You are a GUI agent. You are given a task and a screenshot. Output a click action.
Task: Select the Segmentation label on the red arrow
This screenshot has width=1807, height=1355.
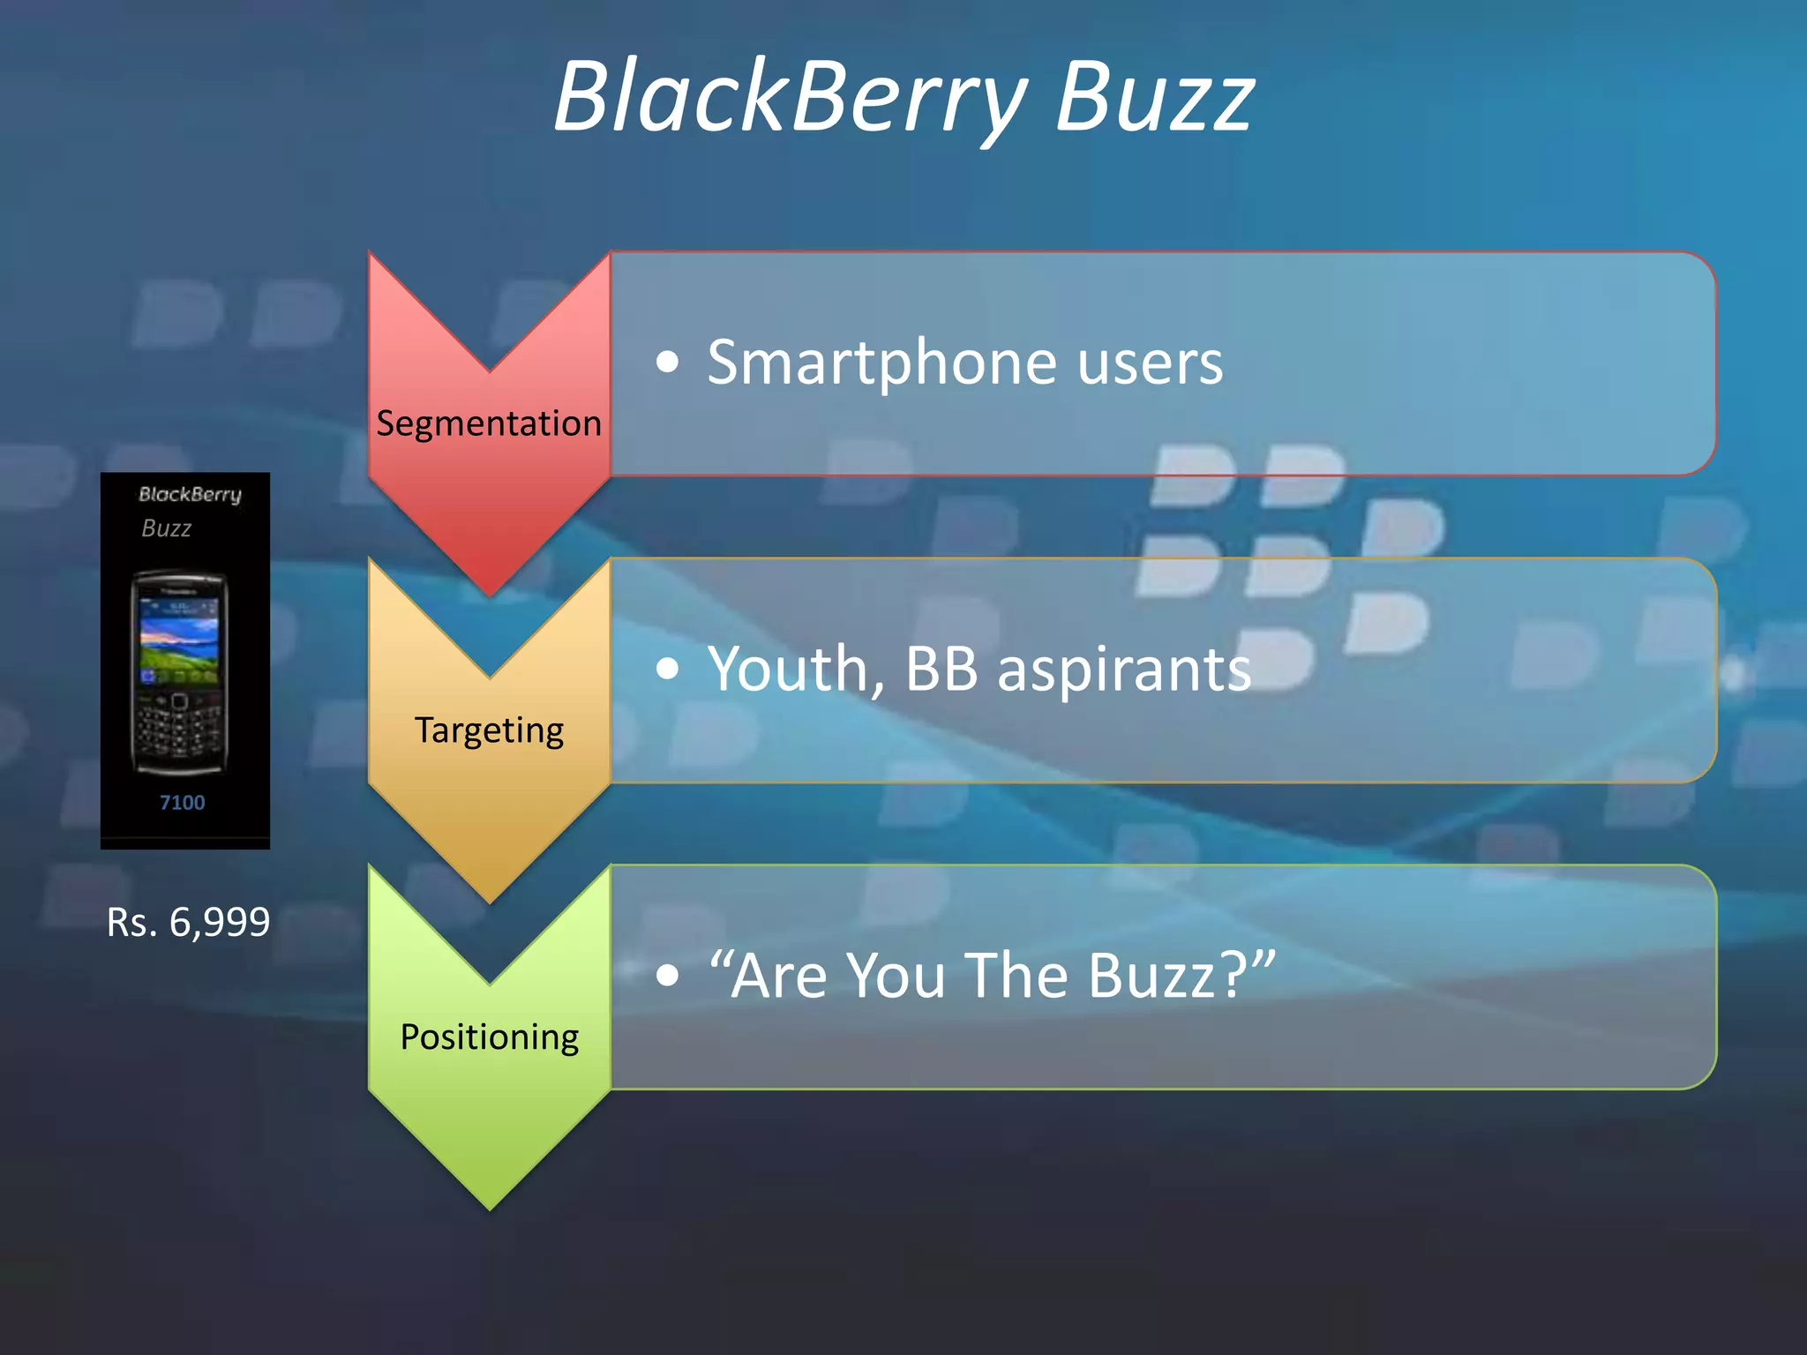coord(489,423)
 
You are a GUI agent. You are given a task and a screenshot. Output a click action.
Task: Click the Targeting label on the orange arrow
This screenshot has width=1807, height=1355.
coord(489,730)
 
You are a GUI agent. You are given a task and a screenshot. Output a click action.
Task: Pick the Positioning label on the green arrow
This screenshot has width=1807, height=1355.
coord(489,1037)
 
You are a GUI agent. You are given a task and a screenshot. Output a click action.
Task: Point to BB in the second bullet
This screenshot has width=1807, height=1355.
coord(941,669)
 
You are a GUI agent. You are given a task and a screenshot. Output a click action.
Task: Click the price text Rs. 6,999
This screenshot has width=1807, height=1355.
coord(188,923)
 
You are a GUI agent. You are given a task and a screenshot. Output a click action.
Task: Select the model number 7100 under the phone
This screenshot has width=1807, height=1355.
coord(182,803)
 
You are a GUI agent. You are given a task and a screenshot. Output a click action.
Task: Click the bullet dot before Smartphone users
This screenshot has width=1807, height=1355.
coord(668,363)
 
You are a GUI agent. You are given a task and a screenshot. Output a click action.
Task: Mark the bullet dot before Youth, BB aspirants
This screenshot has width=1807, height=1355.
coord(668,670)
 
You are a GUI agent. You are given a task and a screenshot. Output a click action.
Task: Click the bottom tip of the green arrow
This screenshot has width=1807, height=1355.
coord(489,1204)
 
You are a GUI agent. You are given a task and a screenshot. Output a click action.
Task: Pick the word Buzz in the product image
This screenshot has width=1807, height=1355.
coord(166,528)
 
